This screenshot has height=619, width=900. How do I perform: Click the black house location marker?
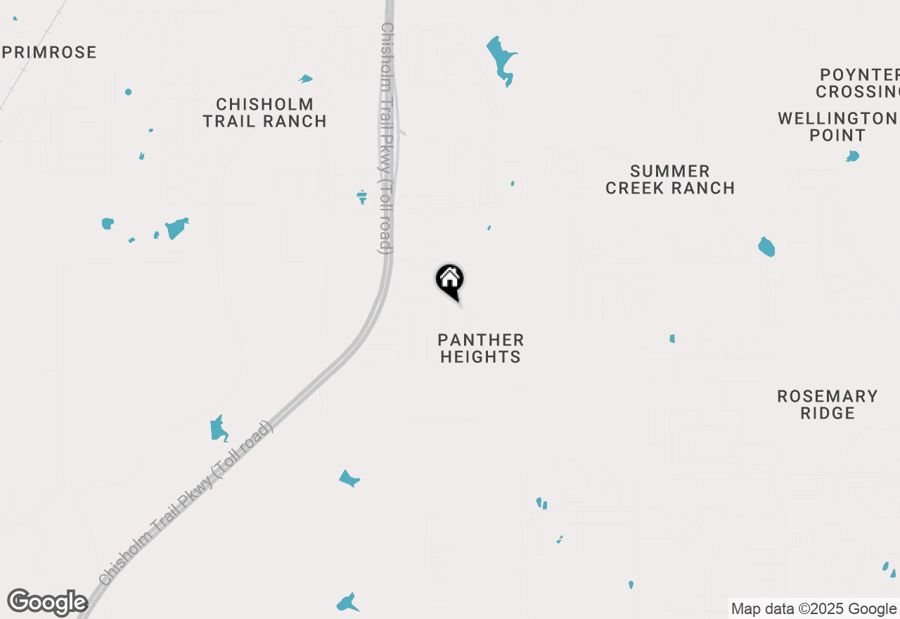[450, 280]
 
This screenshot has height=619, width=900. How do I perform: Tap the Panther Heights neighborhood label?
[481, 348]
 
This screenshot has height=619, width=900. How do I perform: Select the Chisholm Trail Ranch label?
[265, 113]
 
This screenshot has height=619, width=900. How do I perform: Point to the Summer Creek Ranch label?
[670, 179]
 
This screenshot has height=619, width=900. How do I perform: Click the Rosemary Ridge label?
[828, 404]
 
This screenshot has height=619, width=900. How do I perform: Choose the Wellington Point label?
[837, 127]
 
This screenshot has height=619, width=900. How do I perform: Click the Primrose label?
[49, 52]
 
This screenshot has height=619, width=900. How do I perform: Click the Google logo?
[47, 603]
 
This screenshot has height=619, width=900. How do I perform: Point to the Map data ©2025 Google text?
[814, 609]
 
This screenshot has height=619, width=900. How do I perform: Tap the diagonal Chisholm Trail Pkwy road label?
[186, 503]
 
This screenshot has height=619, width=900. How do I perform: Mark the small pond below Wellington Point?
[853, 156]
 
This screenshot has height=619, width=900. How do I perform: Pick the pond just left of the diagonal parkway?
[219, 428]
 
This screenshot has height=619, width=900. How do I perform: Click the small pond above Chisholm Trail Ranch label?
[305, 79]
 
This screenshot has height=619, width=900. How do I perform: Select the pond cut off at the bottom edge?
[347, 603]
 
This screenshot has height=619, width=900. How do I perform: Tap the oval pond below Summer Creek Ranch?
[766, 247]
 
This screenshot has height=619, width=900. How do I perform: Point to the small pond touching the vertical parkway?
[362, 196]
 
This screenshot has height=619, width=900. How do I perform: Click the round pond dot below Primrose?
[128, 92]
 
